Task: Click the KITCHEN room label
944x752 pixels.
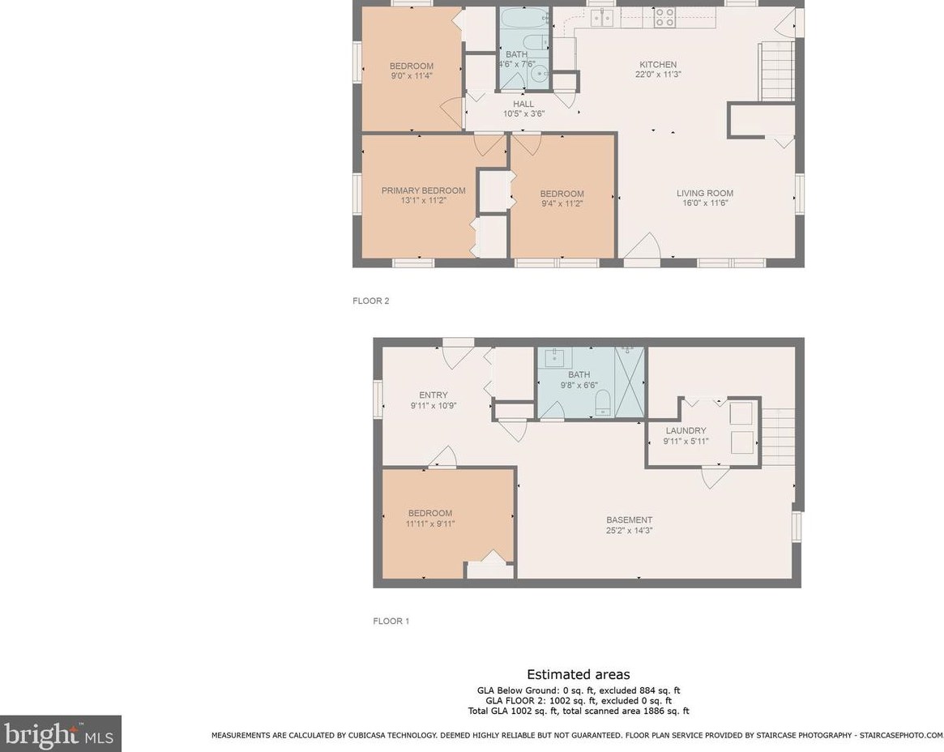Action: [658, 65]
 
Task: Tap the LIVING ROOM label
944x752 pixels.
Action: [705, 194]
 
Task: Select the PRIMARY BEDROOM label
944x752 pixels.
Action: [423, 190]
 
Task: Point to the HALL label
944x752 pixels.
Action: [523, 105]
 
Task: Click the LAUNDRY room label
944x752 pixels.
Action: [686, 430]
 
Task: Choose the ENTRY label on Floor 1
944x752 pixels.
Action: [434, 395]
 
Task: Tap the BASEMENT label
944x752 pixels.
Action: [629, 519]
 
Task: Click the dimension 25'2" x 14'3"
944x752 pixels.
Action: [629, 531]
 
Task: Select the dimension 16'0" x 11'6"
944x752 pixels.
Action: [705, 203]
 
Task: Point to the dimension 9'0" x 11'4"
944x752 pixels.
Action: [412, 76]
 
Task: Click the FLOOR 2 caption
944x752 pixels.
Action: [371, 301]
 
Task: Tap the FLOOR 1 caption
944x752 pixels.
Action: [391, 621]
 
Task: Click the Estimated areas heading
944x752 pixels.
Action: [579, 674]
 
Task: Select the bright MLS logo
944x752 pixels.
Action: [60, 733]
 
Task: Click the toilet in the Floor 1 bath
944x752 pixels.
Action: [603, 402]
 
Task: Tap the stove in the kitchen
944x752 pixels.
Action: [664, 17]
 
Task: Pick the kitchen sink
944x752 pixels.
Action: [602, 18]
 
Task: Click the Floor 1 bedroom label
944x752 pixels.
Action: [429, 513]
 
